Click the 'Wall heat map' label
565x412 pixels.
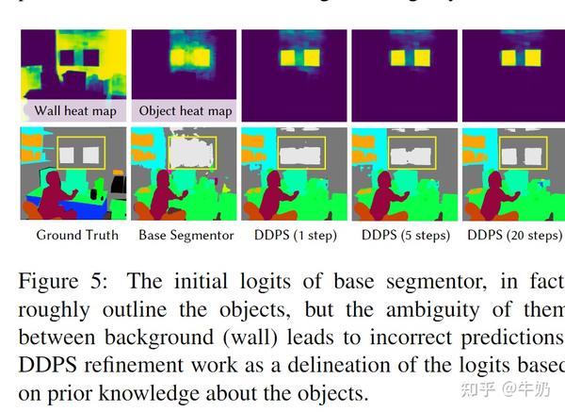(x=75, y=111)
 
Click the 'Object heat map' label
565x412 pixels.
(x=186, y=111)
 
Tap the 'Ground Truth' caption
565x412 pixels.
(x=77, y=235)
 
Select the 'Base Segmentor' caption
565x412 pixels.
(x=186, y=235)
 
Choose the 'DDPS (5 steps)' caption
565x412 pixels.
(x=405, y=235)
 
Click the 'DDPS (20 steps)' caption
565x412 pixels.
(x=514, y=235)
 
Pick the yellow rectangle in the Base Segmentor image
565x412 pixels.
(x=191, y=151)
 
